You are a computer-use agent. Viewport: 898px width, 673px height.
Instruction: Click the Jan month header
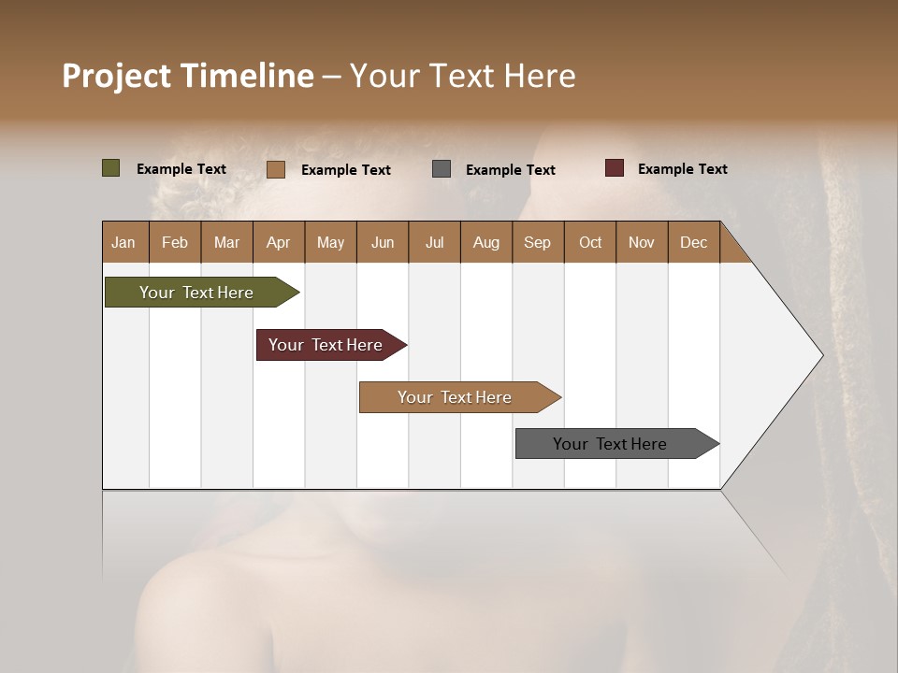[x=123, y=242]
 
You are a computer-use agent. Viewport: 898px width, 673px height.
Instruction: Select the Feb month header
[x=175, y=242]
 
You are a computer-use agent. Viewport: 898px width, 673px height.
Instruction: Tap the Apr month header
[x=278, y=242]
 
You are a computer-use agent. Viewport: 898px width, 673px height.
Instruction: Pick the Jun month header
[x=383, y=242]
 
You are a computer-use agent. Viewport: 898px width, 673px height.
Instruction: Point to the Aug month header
[x=485, y=242]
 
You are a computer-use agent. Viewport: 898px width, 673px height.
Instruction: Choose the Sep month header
[x=537, y=242]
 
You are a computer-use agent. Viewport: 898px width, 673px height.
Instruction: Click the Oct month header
[x=590, y=242]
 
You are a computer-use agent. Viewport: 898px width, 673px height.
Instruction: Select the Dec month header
[x=693, y=242]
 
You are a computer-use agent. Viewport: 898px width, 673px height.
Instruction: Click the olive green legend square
[x=111, y=168]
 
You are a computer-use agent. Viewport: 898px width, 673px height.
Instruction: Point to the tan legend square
[x=276, y=169]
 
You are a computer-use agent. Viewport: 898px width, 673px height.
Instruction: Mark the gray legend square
[x=442, y=168]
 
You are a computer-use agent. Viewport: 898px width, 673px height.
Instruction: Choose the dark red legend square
[x=615, y=168]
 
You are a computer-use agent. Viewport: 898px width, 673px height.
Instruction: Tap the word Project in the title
[x=117, y=76]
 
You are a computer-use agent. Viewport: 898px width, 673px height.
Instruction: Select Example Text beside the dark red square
[x=682, y=168]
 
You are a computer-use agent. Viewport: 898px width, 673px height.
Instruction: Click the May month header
[x=330, y=242]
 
